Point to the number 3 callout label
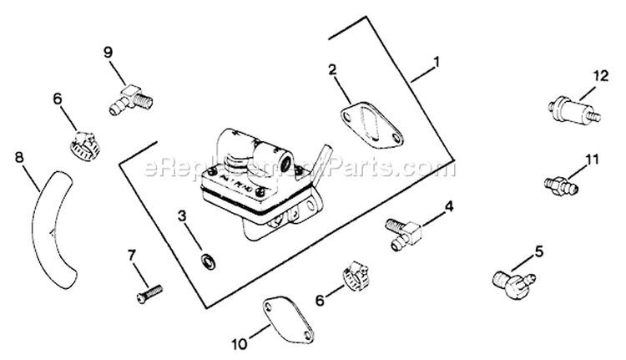(x=183, y=222)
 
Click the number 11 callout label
(x=592, y=158)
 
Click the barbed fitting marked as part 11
(x=558, y=181)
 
